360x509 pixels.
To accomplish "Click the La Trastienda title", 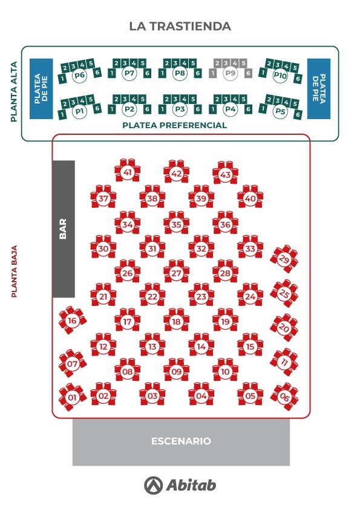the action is tap(180, 26).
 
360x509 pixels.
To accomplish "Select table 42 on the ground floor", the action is tap(177, 172).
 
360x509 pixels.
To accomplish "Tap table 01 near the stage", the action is tap(73, 397).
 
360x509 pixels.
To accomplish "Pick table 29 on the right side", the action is tap(284, 259).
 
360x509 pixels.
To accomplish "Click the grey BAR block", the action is tap(64, 229).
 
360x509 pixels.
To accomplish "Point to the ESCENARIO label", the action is tap(181, 441).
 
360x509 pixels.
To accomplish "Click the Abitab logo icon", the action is tap(153, 485).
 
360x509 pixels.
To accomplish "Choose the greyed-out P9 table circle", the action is tap(231, 73).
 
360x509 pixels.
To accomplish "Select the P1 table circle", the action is tap(79, 112).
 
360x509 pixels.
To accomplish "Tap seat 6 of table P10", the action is tap(298, 79).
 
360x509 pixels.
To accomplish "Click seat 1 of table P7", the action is tap(112, 73).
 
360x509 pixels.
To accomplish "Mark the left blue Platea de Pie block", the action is tap(41, 89).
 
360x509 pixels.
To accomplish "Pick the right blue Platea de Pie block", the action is tap(319, 89).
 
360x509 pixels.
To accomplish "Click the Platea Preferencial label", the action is tap(174, 125).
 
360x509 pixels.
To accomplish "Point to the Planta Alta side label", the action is tap(14, 91).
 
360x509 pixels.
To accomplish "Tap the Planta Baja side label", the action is tap(14, 271).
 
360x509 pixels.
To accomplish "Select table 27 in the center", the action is tap(177, 272).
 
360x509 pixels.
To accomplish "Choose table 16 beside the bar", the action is tap(73, 320).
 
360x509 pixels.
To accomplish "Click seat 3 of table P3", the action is tap(176, 99).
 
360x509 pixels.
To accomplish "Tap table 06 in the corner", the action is tap(284, 397).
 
